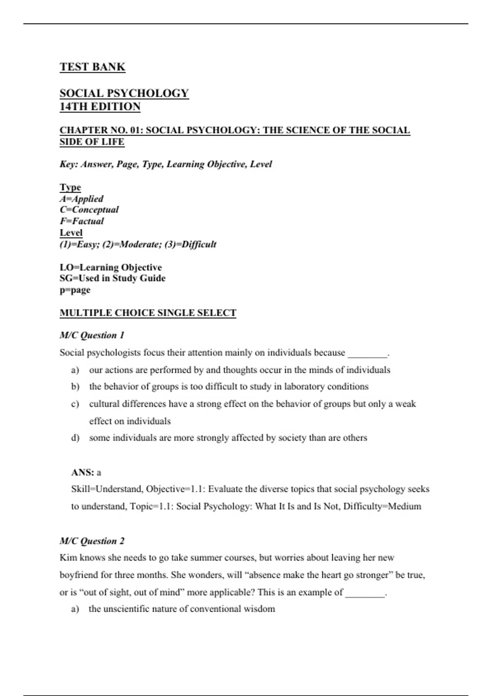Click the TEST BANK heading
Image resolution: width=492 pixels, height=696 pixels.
click(x=92, y=67)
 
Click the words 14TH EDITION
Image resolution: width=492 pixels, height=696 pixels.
click(x=100, y=107)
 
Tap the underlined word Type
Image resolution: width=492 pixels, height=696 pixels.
click(x=70, y=188)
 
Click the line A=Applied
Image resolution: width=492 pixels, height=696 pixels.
click(x=81, y=199)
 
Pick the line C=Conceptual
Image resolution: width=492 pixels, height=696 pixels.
click(x=89, y=210)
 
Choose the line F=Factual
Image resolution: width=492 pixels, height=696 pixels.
click(x=82, y=221)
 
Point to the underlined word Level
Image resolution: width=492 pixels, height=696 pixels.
click(x=71, y=233)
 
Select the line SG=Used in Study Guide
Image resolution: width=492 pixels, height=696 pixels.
click(x=112, y=278)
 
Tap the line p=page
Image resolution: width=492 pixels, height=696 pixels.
click(x=75, y=290)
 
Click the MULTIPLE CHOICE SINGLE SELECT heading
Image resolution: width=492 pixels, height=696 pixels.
click(x=148, y=313)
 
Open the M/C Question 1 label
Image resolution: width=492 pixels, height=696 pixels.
click(x=92, y=335)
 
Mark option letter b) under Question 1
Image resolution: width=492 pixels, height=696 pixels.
click(x=75, y=387)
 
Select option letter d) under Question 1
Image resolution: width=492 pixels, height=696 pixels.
click(x=75, y=438)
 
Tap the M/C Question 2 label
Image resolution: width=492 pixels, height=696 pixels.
click(x=92, y=541)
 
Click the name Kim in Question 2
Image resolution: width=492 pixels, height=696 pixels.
click(x=68, y=558)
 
